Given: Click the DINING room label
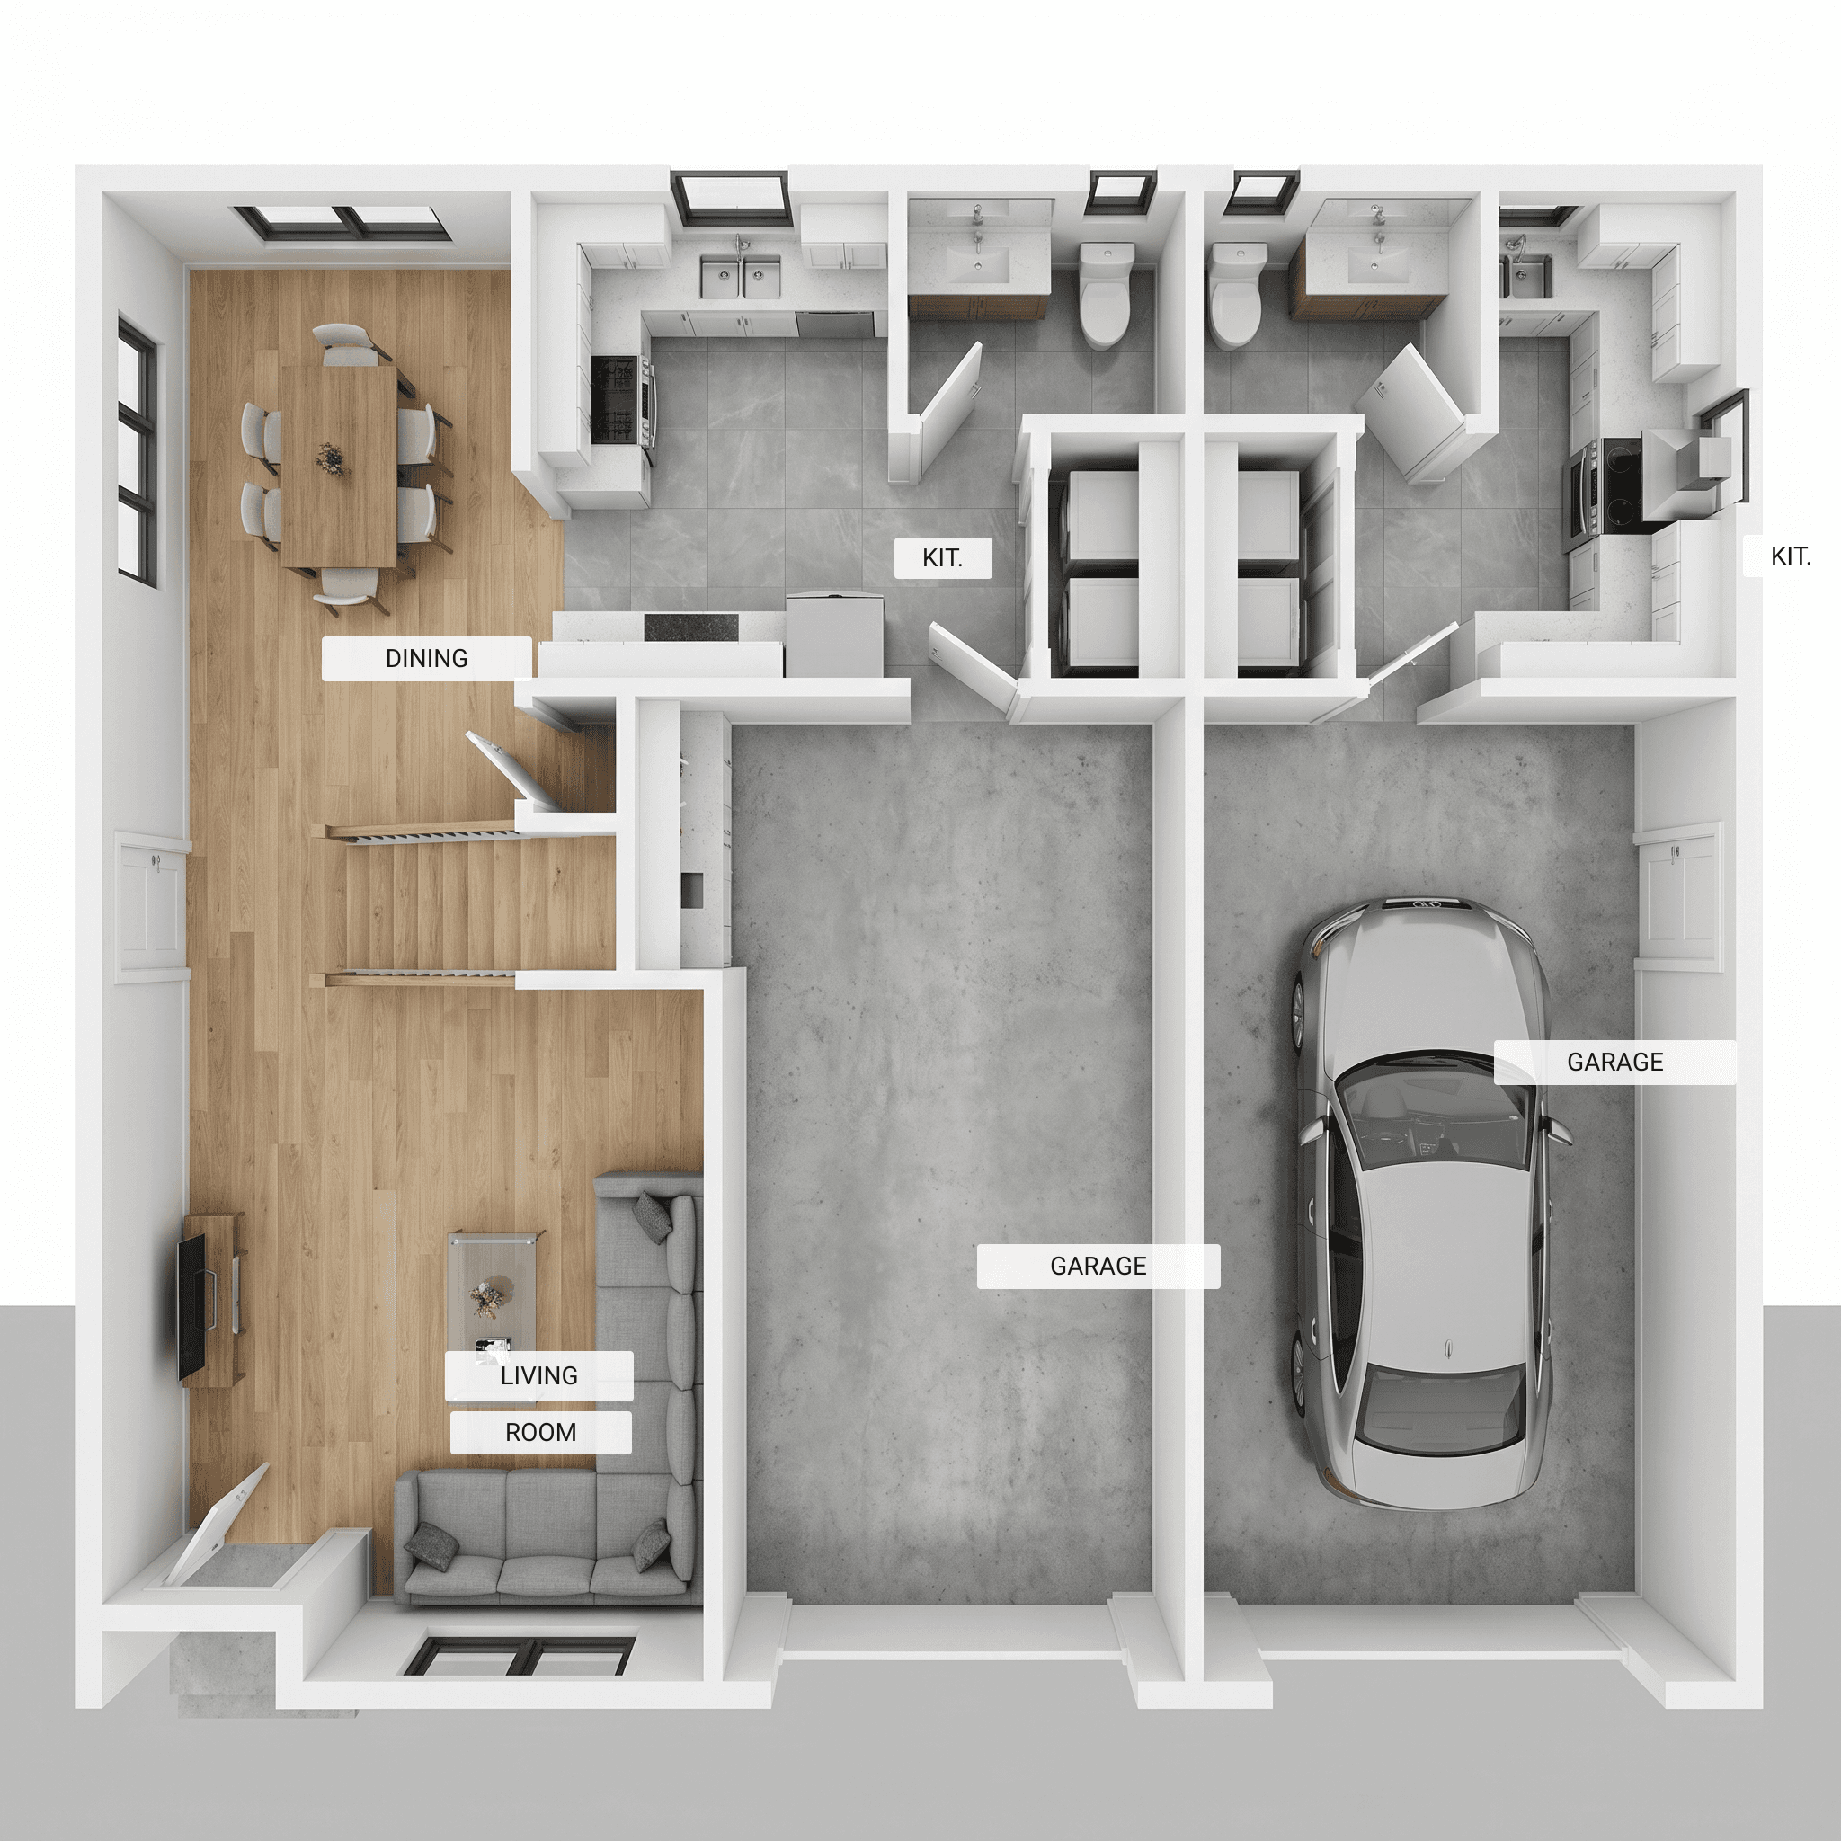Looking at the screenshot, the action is [426, 658].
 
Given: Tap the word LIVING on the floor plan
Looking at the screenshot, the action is [539, 1376].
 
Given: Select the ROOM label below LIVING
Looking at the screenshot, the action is [540, 1433].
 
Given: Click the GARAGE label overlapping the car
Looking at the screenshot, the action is [1615, 1063].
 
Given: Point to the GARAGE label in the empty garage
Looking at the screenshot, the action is [1098, 1267].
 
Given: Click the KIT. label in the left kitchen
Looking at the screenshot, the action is [942, 558].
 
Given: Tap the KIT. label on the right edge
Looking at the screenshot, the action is [1791, 556].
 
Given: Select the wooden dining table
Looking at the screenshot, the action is [339, 467].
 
